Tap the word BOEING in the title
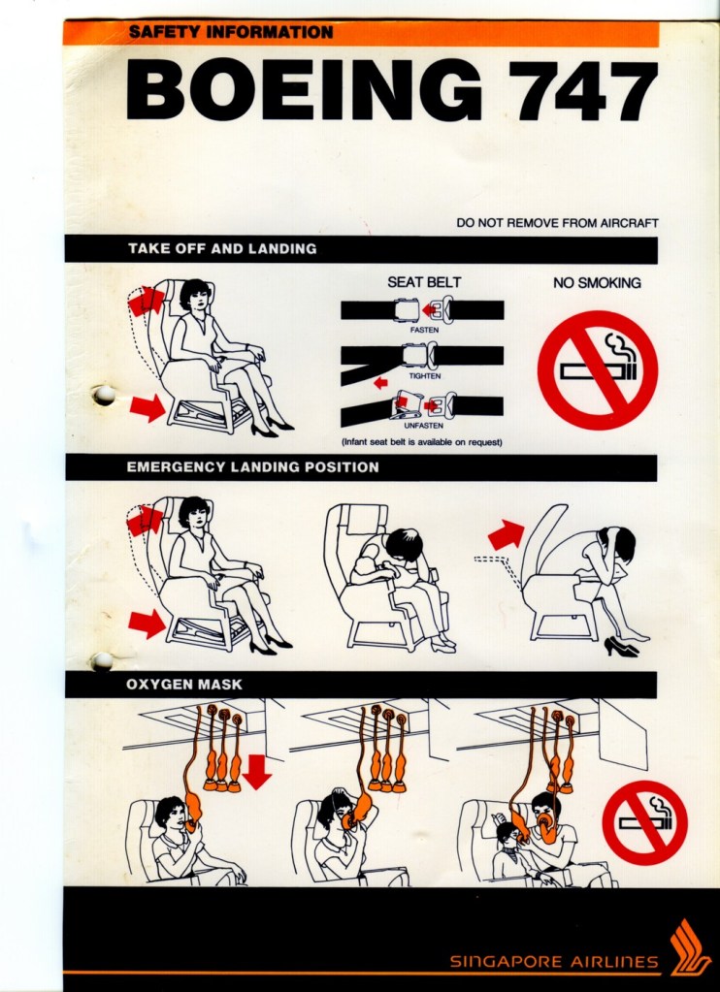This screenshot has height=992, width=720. (x=303, y=90)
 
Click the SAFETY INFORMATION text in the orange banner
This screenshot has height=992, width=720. (x=231, y=32)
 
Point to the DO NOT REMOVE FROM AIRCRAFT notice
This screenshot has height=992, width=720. (x=557, y=223)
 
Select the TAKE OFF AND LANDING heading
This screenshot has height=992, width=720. (x=222, y=248)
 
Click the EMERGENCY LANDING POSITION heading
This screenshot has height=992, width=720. (x=252, y=467)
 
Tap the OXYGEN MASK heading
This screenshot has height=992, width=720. (x=184, y=685)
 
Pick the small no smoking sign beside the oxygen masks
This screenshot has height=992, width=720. (x=644, y=823)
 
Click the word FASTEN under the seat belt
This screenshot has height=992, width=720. (x=424, y=330)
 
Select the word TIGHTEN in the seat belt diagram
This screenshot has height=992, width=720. (x=424, y=376)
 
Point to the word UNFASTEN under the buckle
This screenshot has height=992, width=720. (x=424, y=425)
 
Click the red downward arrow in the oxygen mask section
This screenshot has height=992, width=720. (x=256, y=772)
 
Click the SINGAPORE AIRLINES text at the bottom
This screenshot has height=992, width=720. (x=554, y=962)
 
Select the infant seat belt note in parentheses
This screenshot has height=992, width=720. (x=422, y=442)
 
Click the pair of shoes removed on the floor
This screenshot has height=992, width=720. (x=621, y=647)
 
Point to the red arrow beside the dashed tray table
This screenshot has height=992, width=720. (x=506, y=535)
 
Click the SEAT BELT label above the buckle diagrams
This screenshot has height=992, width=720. (x=424, y=282)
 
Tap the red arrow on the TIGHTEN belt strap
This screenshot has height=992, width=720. (x=380, y=383)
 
